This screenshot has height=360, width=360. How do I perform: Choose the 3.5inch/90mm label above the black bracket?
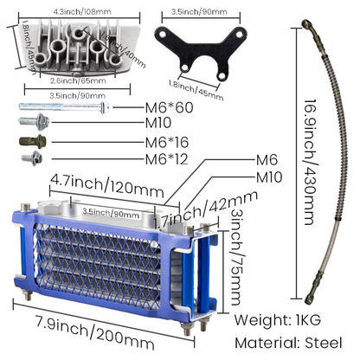click(200, 14)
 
